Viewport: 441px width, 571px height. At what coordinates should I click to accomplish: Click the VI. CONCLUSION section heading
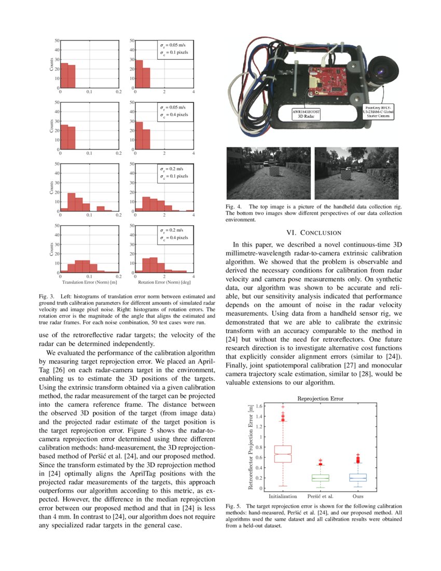tap(314, 233)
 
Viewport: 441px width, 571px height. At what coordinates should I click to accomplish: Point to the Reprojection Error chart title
tap(320, 399)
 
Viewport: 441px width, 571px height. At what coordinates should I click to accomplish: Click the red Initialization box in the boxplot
tap(283, 454)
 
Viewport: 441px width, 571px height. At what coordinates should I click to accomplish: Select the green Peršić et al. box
tap(320, 477)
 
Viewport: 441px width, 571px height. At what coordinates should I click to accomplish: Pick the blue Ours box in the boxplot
tap(357, 477)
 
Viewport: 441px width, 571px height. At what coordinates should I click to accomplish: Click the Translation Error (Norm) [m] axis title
tap(89, 283)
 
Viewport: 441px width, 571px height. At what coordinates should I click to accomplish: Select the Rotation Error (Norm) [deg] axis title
tap(164, 283)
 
